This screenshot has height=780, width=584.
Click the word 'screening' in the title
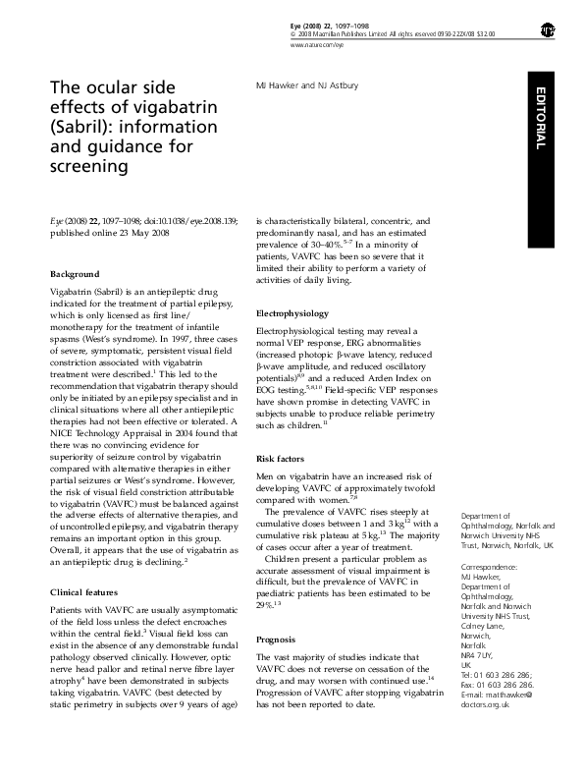tap(89, 167)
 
